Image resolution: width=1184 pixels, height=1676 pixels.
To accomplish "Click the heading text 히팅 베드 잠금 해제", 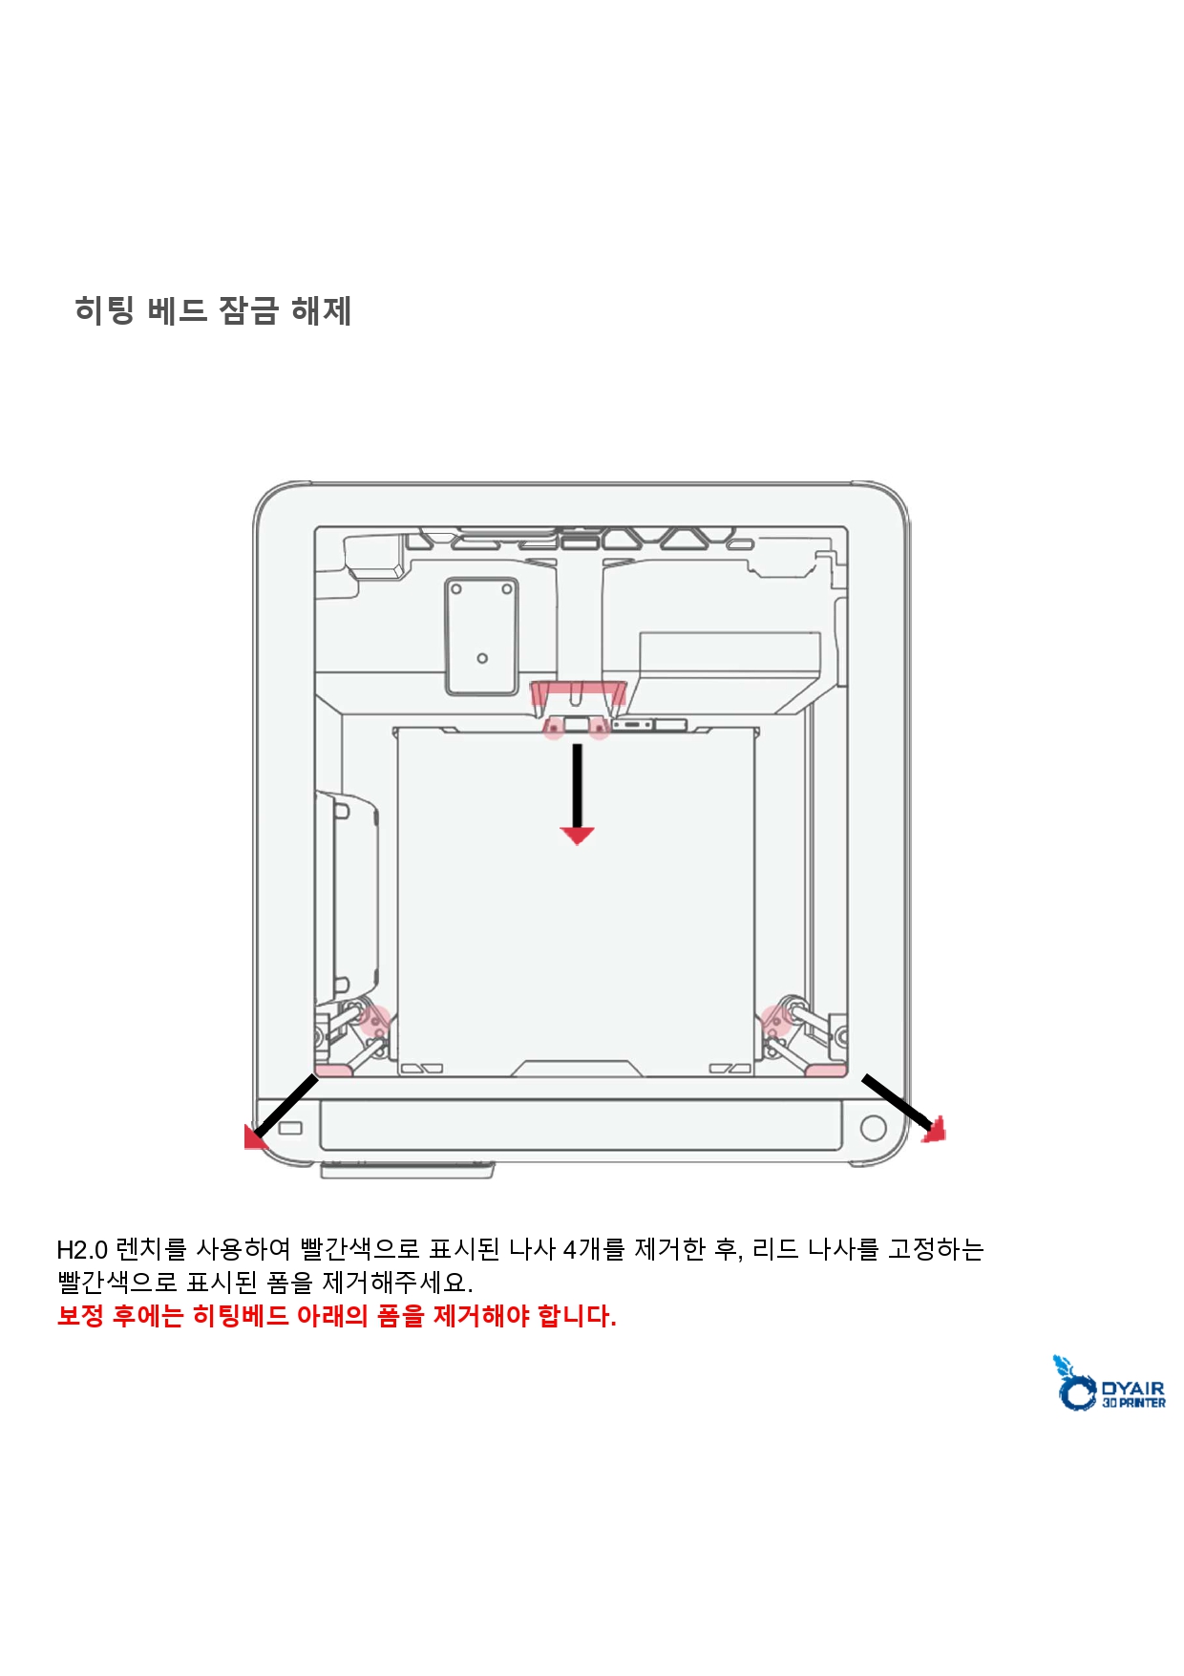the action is point(213,310).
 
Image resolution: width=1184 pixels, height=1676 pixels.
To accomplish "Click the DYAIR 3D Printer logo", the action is point(1109,1383).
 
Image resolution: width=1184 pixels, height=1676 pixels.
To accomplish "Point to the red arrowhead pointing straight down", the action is point(577,836).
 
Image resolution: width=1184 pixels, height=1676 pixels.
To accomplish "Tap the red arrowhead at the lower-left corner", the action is point(255,1135).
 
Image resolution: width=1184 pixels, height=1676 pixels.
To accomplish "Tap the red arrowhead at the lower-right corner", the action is point(935,1129).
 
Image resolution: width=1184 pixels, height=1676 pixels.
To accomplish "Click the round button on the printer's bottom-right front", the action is point(873,1128).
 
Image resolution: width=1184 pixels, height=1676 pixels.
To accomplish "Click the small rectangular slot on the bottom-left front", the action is point(289,1128).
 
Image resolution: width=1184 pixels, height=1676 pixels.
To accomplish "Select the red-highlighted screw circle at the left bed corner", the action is point(375,1021).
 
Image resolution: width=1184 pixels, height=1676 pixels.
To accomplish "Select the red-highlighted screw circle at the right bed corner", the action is point(776,1021).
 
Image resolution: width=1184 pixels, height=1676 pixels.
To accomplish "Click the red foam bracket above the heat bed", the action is point(579,693).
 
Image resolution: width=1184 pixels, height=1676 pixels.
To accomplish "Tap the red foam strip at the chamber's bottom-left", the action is point(334,1071).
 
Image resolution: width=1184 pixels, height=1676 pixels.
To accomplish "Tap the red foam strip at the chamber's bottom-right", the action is point(826,1071).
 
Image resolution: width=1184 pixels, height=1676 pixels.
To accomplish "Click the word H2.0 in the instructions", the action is point(82,1249).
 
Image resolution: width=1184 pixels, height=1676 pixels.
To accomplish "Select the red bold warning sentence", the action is point(337,1316).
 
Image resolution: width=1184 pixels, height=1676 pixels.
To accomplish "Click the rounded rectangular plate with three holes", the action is point(481,636).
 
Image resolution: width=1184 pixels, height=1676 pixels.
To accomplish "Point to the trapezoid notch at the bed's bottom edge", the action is point(577,1068).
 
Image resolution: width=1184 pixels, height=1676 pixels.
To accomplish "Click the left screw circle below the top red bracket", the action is point(554,730).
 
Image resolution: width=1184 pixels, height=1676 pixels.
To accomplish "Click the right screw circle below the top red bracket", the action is point(599,730).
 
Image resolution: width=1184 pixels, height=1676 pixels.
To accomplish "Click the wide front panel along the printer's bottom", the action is point(581,1125).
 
